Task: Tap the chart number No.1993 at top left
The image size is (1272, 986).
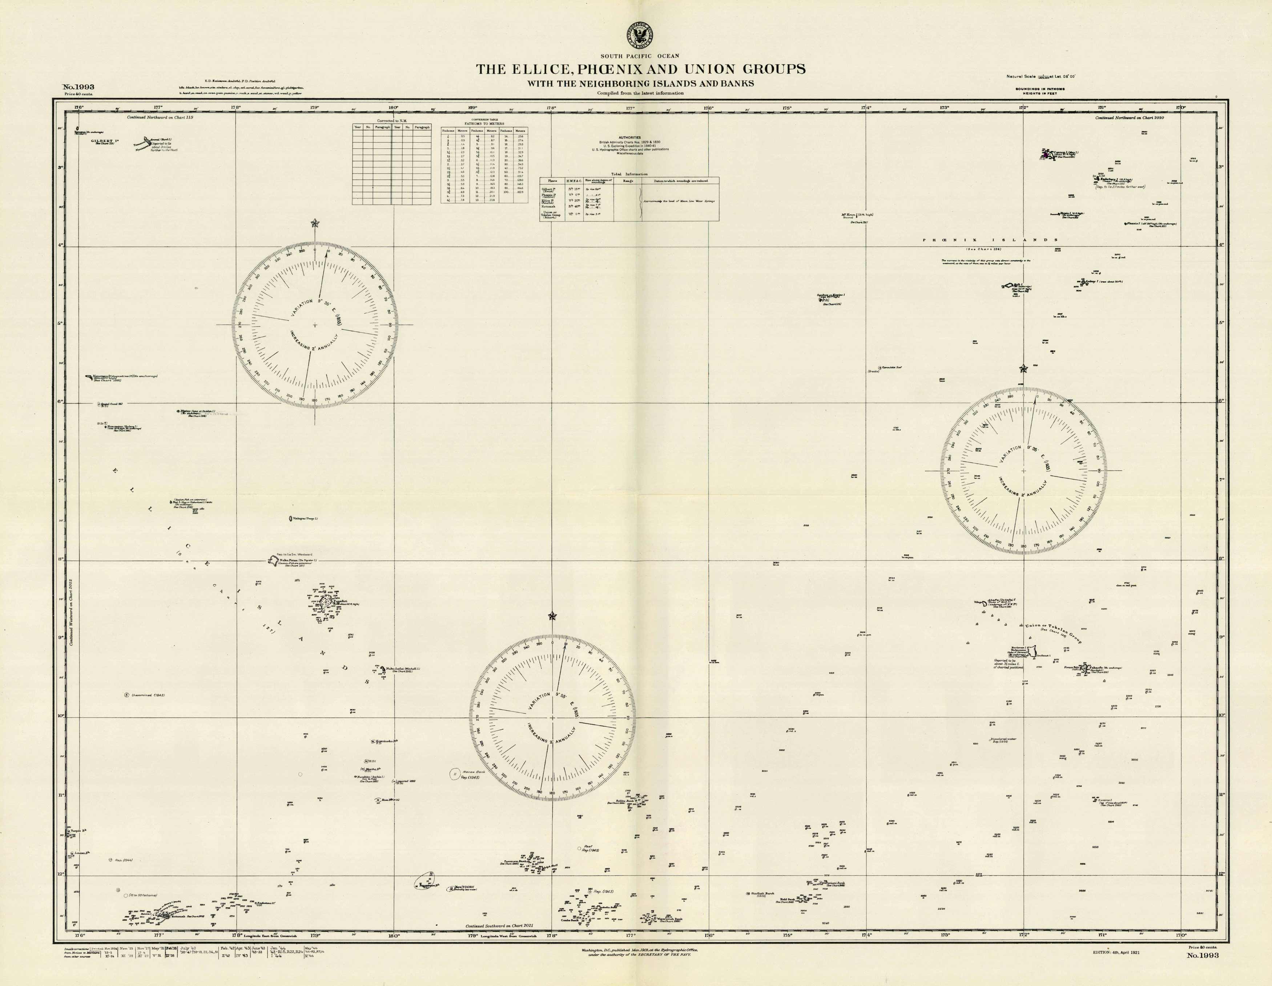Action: click(x=78, y=87)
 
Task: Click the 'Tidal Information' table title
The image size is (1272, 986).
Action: click(x=629, y=174)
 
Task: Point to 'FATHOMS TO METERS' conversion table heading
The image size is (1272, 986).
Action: click(x=484, y=124)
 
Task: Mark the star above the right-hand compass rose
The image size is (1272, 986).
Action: click(x=1023, y=369)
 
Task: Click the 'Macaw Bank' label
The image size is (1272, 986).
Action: click(x=473, y=772)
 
